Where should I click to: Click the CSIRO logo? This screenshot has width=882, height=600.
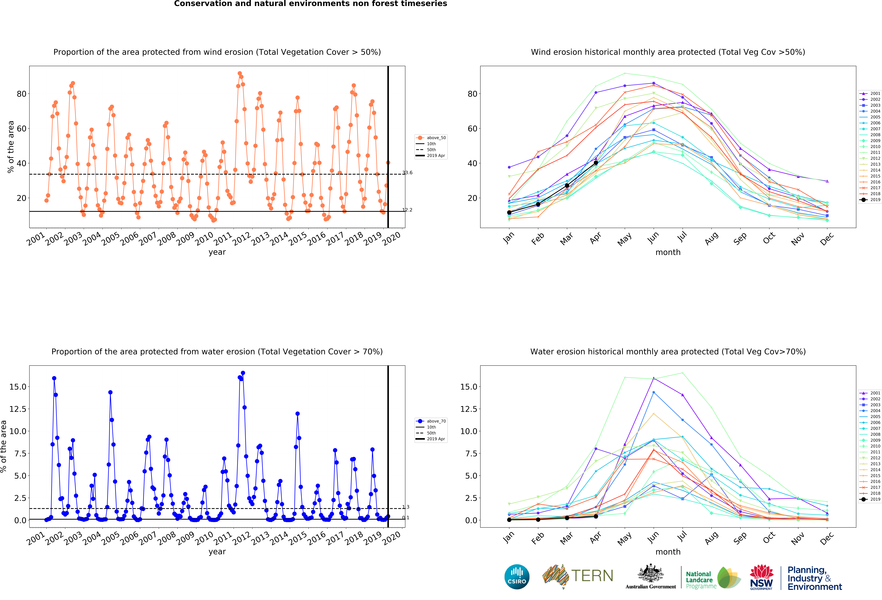point(517,576)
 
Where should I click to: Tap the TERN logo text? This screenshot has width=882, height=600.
point(592,576)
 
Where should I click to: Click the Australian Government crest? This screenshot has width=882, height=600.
point(651,573)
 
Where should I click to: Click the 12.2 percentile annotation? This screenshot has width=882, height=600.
point(407,210)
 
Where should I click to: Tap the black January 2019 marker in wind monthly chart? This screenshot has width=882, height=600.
point(509,213)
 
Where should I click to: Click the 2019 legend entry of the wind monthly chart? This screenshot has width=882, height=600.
point(870,200)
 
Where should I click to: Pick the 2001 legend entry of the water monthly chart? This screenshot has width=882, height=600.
point(870,393)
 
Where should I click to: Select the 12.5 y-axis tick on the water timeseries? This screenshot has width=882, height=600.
point(18,409)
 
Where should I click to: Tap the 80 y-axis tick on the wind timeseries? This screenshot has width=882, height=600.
point(22,94)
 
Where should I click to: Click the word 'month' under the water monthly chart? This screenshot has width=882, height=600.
point(668,552)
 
